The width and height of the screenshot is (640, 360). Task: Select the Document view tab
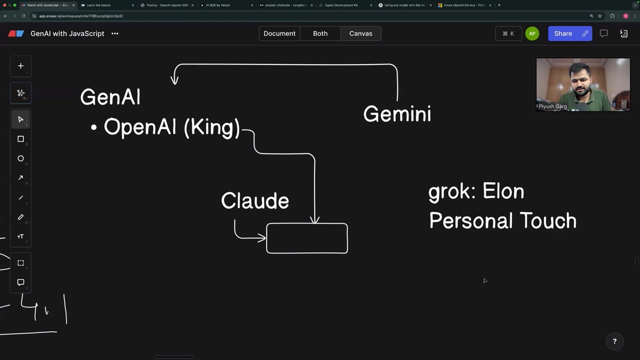click(x=279, y=34)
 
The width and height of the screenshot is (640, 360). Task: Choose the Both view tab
click(x=320, y=34)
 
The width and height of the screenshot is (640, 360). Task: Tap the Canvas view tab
click(x=361, y=34)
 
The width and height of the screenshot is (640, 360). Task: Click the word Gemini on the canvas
click(x=397, y=114)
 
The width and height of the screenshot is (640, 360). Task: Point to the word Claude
click(x=255, y=201)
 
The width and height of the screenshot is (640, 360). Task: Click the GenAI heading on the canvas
click(x=110, y=97)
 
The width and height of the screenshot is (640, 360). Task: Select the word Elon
click(x=503, y=191)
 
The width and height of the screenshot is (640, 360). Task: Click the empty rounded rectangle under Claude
click(x=307, y=238)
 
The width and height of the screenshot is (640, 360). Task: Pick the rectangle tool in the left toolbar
click(x=21, y=139)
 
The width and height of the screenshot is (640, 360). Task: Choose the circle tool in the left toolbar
click(x=21, y=158)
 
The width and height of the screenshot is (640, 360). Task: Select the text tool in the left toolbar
click(x=21, y=236)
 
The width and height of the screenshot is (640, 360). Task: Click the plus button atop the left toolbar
click(x=21, y=66)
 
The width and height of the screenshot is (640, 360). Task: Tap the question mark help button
click(x=614, y=341)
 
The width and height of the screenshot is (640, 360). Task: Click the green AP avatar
click(x=532, y=34)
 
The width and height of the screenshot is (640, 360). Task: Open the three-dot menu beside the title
click(x=115, y=34)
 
